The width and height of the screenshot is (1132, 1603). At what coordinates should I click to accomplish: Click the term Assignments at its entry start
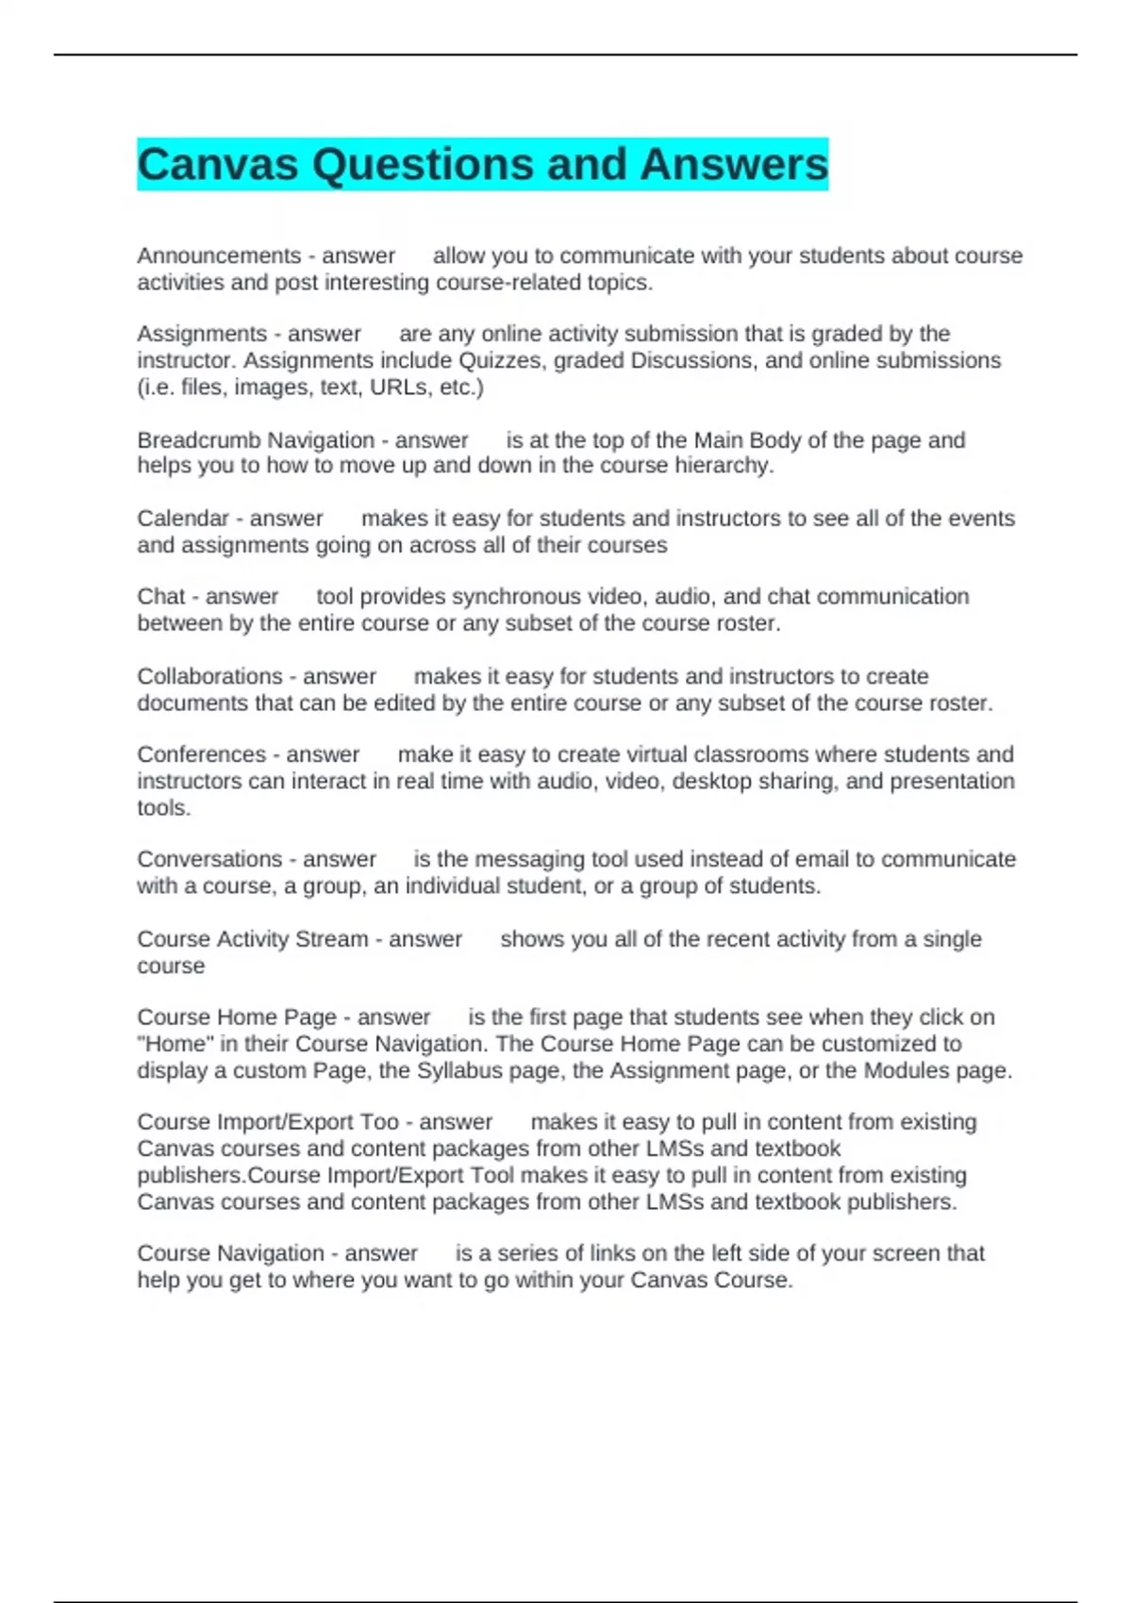pos(202,334)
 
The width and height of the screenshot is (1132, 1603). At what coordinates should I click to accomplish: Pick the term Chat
pos(161,597)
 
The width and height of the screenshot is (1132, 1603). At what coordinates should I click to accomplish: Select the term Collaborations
pos(209,676)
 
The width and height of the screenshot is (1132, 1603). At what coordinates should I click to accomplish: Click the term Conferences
pos(201,754)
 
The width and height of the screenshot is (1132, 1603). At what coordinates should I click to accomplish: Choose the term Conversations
pos(209,859)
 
